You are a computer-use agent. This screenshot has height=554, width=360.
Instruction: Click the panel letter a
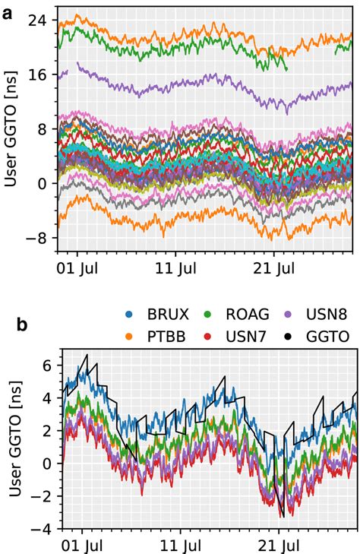(8, 11)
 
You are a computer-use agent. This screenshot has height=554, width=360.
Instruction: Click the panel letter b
(22, 324)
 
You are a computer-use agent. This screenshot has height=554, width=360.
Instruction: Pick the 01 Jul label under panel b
(77, 546)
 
